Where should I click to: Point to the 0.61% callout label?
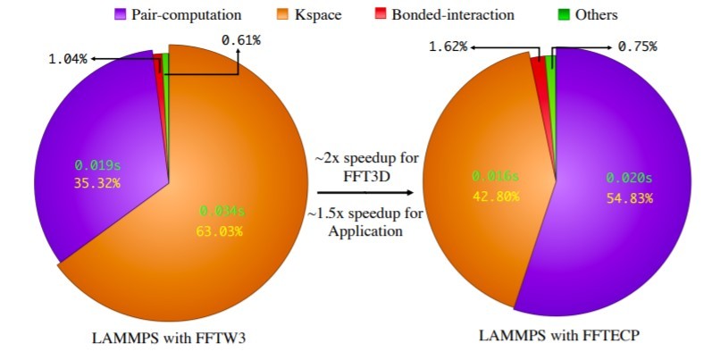pyautogui.click(x=240, y=38)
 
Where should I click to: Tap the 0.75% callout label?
pyautogui.click(x=634, y=46)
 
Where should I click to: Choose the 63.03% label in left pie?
pyautogui.click(x=220, y=232)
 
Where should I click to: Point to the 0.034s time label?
pyautogui.click(x=220, y=213)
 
